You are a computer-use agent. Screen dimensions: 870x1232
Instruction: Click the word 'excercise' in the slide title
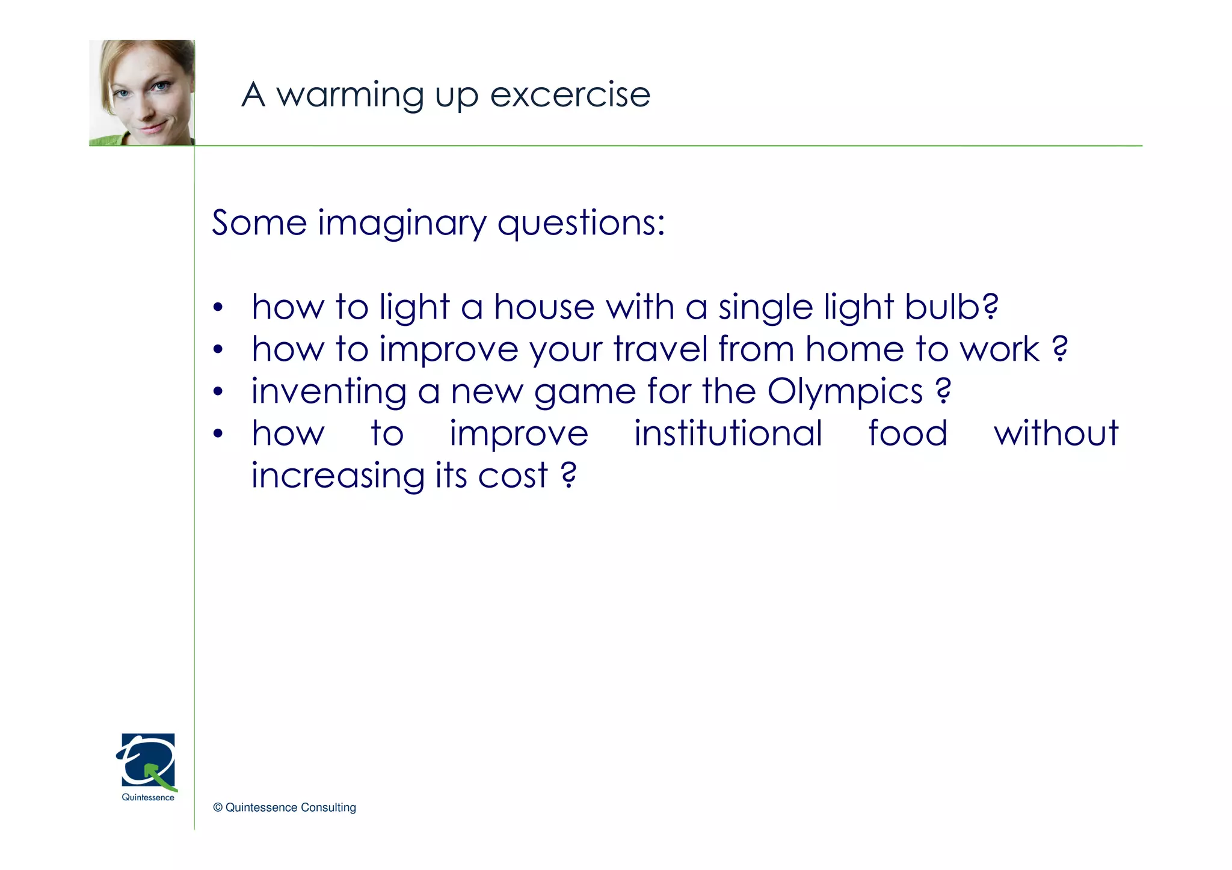click(570, 95)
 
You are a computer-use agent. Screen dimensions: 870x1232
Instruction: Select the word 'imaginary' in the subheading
click(401, 224)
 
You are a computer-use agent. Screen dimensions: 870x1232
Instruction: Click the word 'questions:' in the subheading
click(581, 224)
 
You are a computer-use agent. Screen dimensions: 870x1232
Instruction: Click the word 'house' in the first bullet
click(544, 307)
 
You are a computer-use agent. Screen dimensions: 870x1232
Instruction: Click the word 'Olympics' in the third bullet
click(845, 392)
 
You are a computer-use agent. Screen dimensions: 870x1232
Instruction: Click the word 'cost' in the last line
click(513, 476)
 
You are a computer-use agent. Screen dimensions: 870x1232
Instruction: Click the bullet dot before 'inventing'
click(218, 393)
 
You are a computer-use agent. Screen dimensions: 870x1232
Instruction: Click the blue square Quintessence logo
click(148, 761)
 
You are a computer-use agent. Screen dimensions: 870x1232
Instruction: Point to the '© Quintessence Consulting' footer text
click(285, 807)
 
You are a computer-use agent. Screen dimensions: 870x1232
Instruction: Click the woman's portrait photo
click(142, 93)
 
